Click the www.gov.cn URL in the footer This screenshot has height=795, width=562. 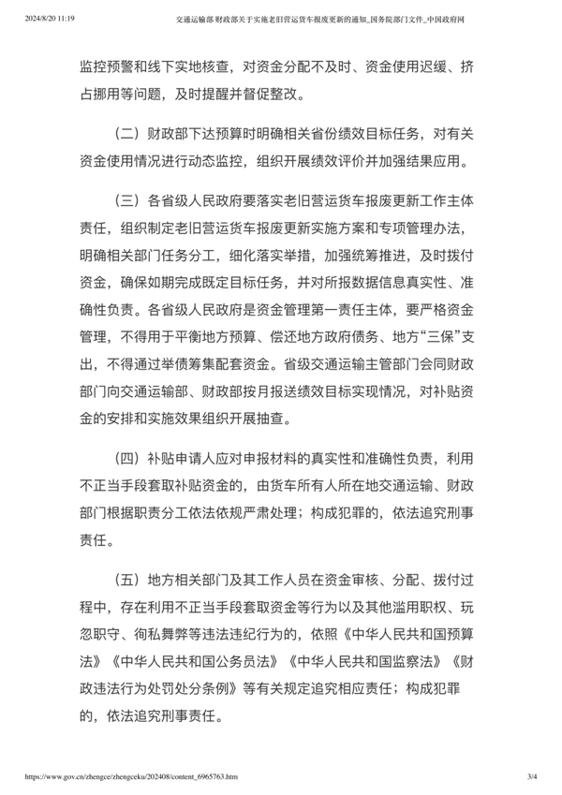point(128,776)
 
